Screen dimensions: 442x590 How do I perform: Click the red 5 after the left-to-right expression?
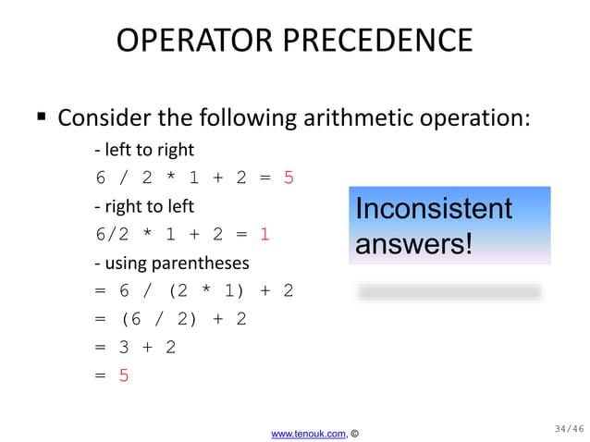pos(289,178)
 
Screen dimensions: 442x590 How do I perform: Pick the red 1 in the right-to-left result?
pos(264,235)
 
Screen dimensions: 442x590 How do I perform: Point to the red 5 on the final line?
pos(124,375)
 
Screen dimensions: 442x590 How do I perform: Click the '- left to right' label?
pos(144,149)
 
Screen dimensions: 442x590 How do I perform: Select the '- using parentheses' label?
pos(171,264)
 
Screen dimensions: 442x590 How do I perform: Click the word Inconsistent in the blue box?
pos(433,209)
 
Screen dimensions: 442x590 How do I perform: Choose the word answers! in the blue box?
pos(413,244)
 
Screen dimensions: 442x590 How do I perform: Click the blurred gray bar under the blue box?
pos(449,292)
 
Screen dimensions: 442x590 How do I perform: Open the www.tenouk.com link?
pos(308,433)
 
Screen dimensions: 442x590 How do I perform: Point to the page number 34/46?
pos(569,428)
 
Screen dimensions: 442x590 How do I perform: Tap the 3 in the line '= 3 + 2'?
pos(124,348)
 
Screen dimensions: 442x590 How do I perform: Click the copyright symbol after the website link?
pos(355,433)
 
